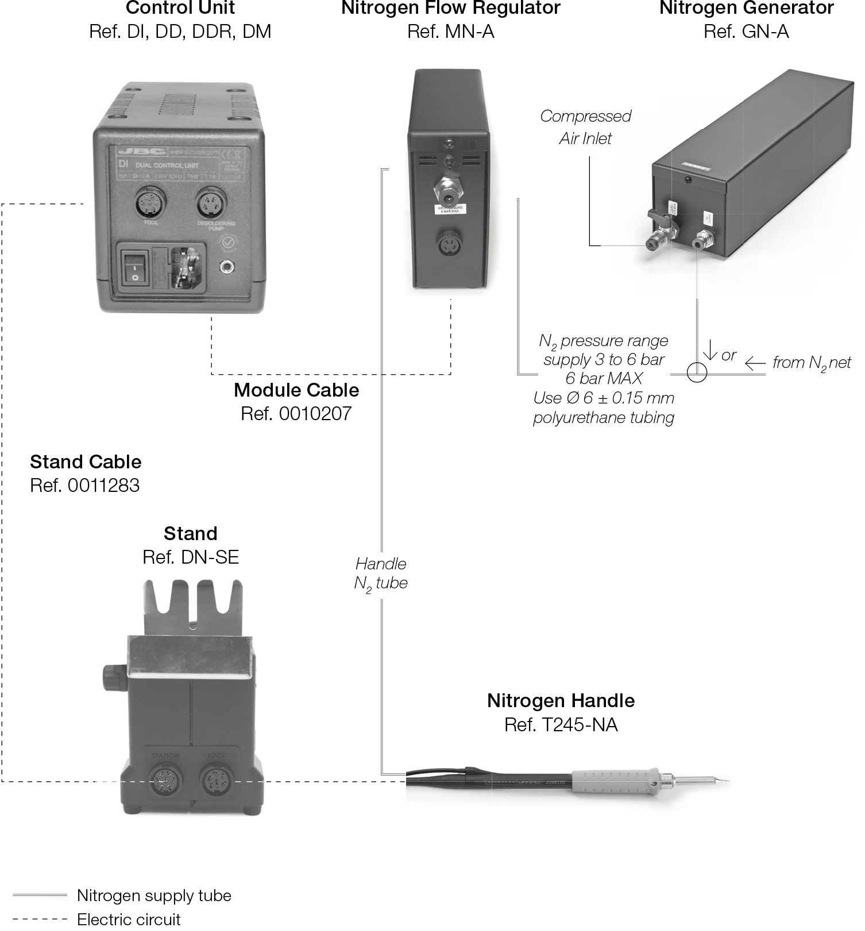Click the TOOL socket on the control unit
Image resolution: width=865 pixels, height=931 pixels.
point(150,205)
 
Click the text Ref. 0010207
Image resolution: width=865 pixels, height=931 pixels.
point(296,414)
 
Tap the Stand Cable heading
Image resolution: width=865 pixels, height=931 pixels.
point(86,461)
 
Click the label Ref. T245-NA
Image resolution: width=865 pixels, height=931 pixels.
point(561,725)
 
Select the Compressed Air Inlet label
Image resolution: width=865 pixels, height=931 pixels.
point(585,127)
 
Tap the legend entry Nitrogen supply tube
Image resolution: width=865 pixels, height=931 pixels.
point(154,895)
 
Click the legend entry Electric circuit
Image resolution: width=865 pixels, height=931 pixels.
point(129,919)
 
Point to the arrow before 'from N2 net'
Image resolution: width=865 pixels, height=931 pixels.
point(755,363)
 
